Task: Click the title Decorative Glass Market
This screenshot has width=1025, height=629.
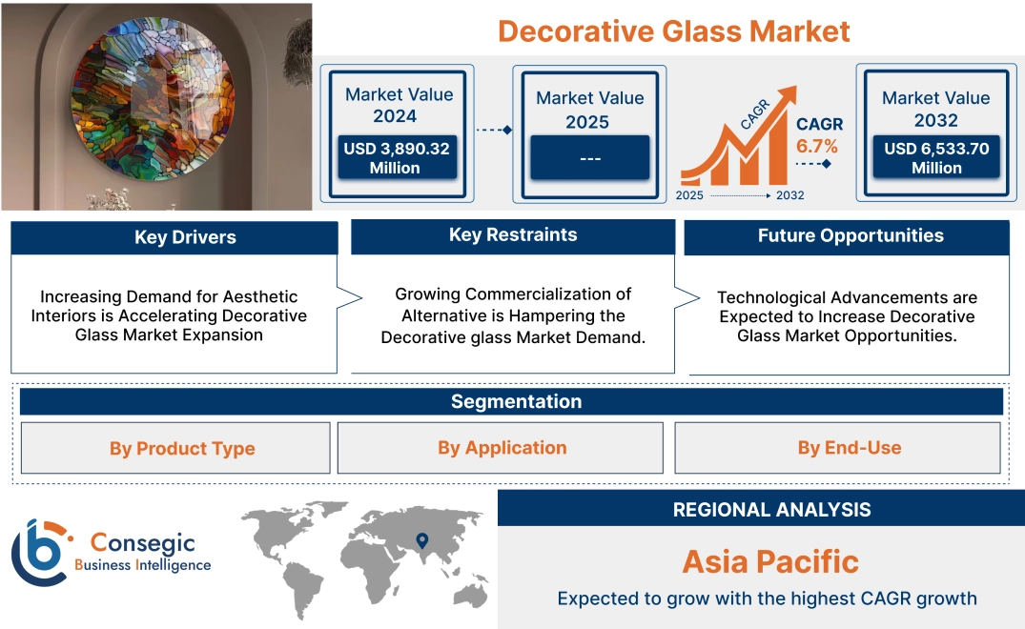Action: pyautogui.click(x=673, y=30)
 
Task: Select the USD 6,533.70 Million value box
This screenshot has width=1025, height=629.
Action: pyautogui.click(x=936, y=158)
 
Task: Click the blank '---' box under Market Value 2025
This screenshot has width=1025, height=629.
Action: pyautogui.click(x=589, y=157)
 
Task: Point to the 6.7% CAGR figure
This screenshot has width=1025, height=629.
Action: pyautogui.click(x=817, y=146)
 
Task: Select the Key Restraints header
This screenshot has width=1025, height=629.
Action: pyautogui.click(x=513, y=235)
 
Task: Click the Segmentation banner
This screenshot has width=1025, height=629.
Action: pyautogui.click(x=516, y=401)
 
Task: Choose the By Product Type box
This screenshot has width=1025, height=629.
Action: pyautogui.click(x=181, y=448)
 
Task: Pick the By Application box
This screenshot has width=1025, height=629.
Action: pyautogui.click(x=502, y=448)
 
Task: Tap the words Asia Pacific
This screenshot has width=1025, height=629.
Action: pyautogui.click(x=770, y=561)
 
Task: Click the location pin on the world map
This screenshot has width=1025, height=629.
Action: pyautogui.click(x=420, y=542)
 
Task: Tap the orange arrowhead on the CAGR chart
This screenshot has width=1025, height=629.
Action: pyautogui.click(x=788, y=94)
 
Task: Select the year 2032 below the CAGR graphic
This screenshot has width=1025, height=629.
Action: pyautogui.click(x=789, y=195)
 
